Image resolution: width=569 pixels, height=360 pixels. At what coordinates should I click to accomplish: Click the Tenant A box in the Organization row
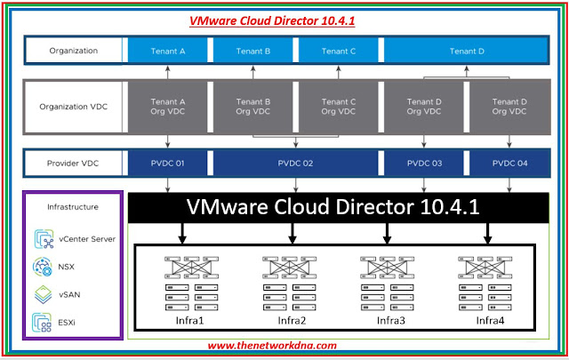pyautogui.click(x=168, y=51)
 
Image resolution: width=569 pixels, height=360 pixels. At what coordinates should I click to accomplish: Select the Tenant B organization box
pyautogui.click(x=253, y=51)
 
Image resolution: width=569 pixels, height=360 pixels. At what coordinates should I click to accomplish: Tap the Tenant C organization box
pyautogui.click(x=339, y=51)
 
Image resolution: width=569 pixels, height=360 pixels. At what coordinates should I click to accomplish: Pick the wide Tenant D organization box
pyautogui.click(x=467, y=51)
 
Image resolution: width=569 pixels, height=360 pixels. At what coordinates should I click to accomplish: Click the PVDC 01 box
pyautogui.click(x=168, y=164)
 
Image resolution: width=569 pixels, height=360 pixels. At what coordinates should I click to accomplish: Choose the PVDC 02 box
pyautogui.click(x=296, y=164)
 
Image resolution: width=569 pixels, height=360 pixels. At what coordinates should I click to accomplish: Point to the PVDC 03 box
pyautogui.click(x=424, y=164)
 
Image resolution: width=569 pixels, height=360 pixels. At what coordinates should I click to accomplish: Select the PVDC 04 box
pyautogui.click(x=509, y=164)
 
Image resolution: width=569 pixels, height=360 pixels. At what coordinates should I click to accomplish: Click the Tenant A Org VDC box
pyautogui.click(x=168, y=108)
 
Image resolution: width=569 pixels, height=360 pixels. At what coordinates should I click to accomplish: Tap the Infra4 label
pyautogui.click(x=490, y=319)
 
